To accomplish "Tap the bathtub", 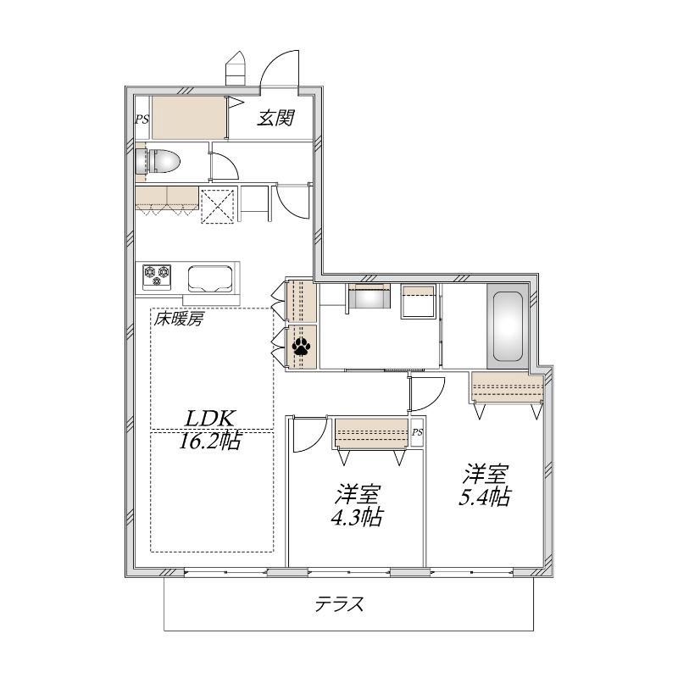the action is click(x=508, y=326).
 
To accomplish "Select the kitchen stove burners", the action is click(x=157, y=276).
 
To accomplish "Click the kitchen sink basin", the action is click(x=210, y=279).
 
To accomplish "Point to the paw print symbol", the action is click(x=302, y=346).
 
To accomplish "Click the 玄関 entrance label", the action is click(x=276, y=118).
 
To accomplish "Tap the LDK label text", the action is click(x=210, y=419).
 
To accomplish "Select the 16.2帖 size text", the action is click(x=210, y=441).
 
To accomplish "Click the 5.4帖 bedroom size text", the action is click(x=485, y=497).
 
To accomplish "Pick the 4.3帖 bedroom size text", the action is click(x=357, y=517).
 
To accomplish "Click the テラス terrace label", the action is click(x=339, y=604).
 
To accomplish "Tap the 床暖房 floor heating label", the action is click(x=179, y=320).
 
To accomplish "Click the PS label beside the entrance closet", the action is click(x=142, y=119).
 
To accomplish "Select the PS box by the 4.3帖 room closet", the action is click(x=417, y=432).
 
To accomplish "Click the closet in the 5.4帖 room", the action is click(x=507, y=387).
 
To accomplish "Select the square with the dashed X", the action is click(x=218, y=205).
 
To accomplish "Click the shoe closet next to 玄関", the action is click(x=189, y=118).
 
